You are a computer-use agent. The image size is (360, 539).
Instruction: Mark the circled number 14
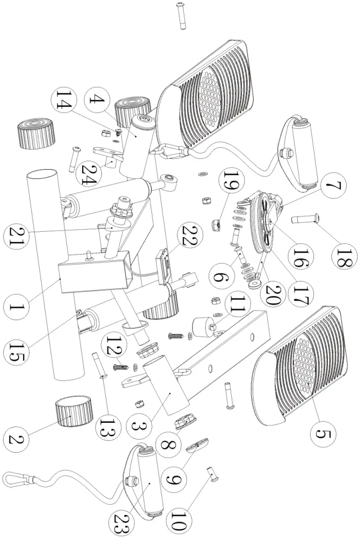tap(69, 100)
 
